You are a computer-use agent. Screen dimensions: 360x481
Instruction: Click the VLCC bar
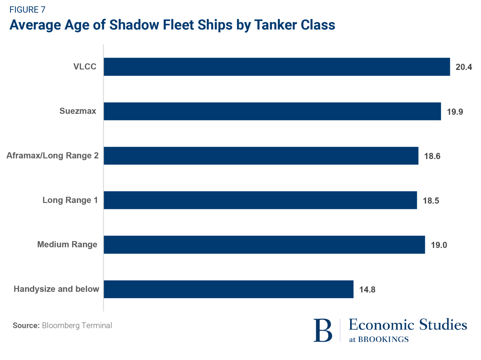point(277,67)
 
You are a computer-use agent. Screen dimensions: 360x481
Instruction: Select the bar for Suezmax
point(272,111)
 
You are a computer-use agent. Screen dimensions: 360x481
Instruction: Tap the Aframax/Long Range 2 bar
point(261,156)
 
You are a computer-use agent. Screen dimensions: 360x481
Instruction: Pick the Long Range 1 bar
point(260,200)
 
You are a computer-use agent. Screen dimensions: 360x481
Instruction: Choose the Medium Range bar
point(264,245)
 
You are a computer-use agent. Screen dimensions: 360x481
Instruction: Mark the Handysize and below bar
point(229,289)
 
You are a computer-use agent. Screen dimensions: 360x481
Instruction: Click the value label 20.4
point(464,67)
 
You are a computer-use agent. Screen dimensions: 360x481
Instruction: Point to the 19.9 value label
point(455,112)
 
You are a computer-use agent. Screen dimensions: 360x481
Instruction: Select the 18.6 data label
point(432,156)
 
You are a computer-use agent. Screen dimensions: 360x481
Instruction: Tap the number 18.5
point(431,201)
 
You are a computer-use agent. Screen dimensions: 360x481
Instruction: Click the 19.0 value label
point(439,245)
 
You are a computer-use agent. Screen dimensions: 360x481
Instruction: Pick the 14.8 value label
point(367,290)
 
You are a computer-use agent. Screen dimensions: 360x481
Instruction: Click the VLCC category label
point(85,66)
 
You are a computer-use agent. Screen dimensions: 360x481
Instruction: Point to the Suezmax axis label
point(78,111)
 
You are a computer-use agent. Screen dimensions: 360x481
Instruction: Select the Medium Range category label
point(67,244)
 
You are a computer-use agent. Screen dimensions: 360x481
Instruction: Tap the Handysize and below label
point(56,289)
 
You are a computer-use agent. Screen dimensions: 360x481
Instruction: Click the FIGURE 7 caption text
point(27,10)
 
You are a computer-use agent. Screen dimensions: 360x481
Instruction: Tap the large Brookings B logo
point(323,330)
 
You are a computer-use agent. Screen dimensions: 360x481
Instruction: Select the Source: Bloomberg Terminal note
point(62,325)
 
